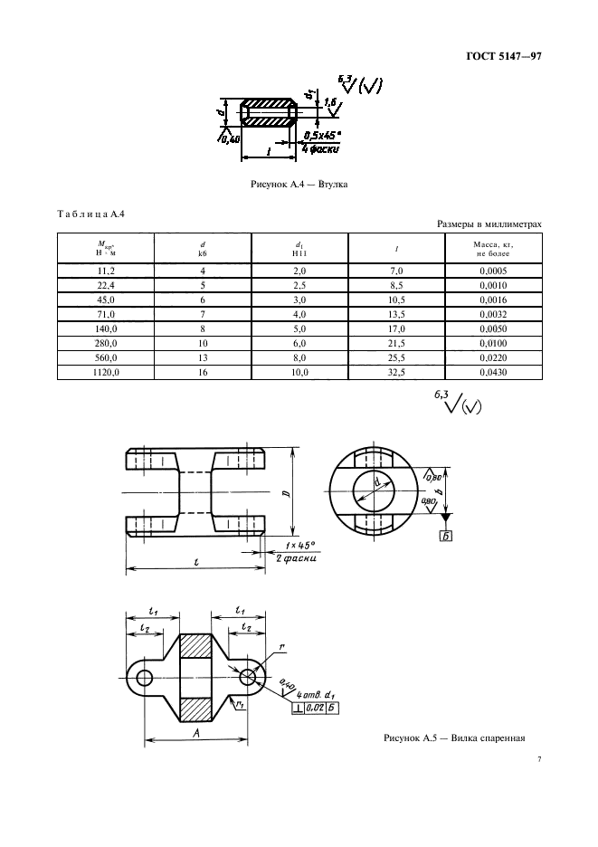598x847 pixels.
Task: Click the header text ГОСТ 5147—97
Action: (x=503, y=56)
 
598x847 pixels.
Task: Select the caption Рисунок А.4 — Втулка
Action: (x=299, y=185)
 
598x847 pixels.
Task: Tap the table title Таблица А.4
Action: (x=90, y=214)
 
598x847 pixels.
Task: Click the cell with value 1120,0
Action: (x=106, y=372)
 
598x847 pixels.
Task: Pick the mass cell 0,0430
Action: (x=493, y=372)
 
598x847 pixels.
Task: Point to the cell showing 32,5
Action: (x=396, y=372)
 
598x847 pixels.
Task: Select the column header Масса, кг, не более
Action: (x=493, y=249)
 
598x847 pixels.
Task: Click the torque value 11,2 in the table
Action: (x=106, y=271)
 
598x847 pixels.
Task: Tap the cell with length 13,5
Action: (x=396, y=314)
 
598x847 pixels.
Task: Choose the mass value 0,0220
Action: (x=493, y=357)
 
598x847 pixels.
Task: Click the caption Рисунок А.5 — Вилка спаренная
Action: (x=454, y=738)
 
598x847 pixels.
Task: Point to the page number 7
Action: (x=539, y=759)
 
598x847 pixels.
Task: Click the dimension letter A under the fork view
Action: (x=196, y=732)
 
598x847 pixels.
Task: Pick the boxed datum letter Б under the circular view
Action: (x=446, y=536)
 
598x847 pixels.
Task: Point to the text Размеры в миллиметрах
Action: (x=489, y=224)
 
